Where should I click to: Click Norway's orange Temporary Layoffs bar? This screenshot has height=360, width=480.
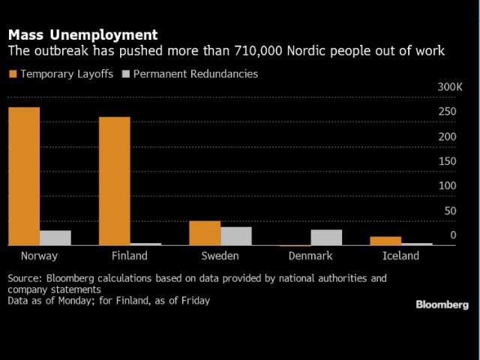pyautogui.click(x=24, y=176)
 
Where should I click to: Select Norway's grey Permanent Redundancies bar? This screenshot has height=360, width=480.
pyautogui.click(x=55, y=238)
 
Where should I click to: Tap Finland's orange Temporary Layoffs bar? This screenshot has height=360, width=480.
pyautogui.click(x=114, y=181)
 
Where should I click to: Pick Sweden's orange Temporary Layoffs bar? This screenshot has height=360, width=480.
pyautogui.click(x=205, y=233)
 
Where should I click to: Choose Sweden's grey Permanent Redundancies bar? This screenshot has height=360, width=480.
pyautogui.click(x=235, y=236)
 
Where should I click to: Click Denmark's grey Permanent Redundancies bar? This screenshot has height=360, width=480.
pyautogui.click(x=326, y=237)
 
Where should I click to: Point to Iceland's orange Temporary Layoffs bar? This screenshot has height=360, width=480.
pyautogui.click(x=386, y=241)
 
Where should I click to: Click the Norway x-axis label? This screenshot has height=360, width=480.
pyautogui.click(x=40, y=256)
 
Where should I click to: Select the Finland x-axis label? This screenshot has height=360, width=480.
pyautogui.click(x=130, y=256)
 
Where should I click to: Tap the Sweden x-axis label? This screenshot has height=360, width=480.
pyautogui.click(x=220, y=256)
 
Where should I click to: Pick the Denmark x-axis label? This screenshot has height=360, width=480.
pyautogui.click(x=310, y=256)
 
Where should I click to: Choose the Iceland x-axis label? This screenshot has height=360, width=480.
pyautogui.click(x=401, y=256)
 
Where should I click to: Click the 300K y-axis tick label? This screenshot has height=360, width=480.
pyautogui.click(x=450, y=87)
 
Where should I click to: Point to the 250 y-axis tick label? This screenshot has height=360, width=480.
pyautogui.click(x=447, y=112)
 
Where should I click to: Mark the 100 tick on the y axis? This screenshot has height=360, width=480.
pyautogui.click(x=447, y=185)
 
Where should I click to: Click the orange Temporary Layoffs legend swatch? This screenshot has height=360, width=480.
pyautogui.click(x=12, y=74)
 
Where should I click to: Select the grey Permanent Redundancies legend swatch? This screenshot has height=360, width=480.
pyautogui.click(x=126, y=74)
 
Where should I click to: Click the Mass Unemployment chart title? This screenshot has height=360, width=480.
pyautogui.click(x=82, y=34)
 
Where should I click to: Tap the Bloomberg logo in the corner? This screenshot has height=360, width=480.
pyautogui.click(x=442, y=304)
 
